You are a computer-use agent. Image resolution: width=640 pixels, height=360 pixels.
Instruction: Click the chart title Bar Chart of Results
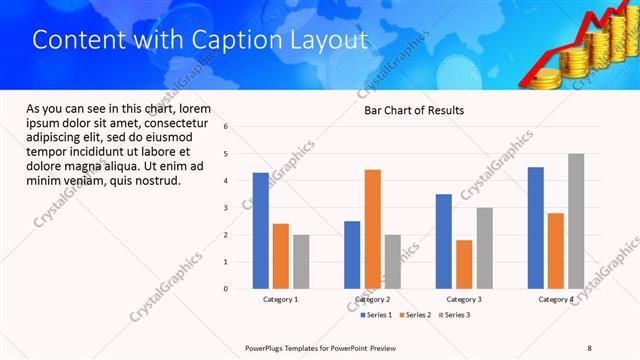coord(413,110)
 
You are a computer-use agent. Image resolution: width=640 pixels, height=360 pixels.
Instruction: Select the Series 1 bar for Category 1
coord(260,230)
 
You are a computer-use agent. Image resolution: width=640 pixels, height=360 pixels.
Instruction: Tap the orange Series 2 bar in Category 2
coord(372,229)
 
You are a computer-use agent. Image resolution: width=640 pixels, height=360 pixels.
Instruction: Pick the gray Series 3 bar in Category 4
coord(576,221)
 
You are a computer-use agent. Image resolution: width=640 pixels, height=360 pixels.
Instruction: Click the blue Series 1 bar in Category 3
coord(443,241)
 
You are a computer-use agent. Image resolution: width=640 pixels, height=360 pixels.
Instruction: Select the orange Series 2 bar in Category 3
coord(464,264)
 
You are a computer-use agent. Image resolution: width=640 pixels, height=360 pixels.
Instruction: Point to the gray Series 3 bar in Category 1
coord(301,261)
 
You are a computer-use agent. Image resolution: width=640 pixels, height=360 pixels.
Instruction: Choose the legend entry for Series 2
coord(415,315)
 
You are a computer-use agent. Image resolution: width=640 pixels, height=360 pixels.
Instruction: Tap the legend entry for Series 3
coord(454,315)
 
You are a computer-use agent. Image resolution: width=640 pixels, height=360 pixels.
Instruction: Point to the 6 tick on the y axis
coord(226,127)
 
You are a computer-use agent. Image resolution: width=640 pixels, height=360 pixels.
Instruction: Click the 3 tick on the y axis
coord(226,208)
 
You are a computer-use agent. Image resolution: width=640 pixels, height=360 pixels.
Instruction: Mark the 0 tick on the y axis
coord(226,289)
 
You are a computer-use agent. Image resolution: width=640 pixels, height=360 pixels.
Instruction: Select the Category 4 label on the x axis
coord(556,299)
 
